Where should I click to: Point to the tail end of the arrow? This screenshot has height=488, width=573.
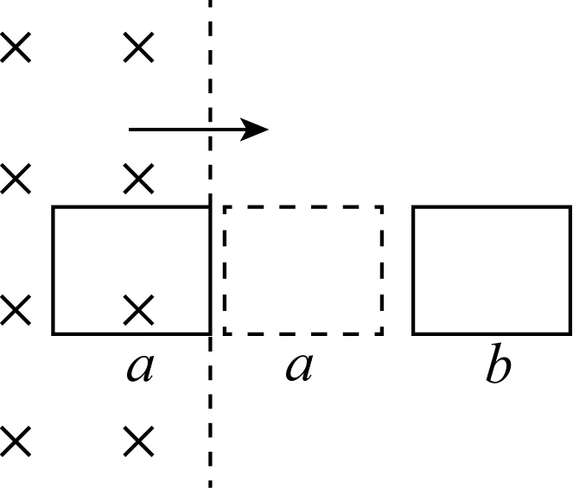tap(131, 130)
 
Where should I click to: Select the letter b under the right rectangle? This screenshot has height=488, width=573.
tap(497, 367)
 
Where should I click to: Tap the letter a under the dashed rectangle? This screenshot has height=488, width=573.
tap(298, 368)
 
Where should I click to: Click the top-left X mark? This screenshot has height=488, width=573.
tap(16, 48)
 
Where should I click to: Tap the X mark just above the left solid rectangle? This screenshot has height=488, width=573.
tap(138, 180)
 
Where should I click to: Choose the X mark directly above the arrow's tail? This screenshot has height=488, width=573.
tap(138, 48)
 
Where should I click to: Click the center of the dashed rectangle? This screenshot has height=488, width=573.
tap(302, 270)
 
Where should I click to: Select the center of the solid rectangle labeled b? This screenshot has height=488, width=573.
tap(491, 270)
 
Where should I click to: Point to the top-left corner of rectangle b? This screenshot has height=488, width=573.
tap(413, 207)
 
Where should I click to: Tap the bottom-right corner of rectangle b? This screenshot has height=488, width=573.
tap(570, 333)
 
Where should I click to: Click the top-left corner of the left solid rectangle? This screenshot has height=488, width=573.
tap(54, 207)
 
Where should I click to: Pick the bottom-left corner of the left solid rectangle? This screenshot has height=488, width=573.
tap(54, 333)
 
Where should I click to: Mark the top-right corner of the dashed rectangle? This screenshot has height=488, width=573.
tap(382, 207)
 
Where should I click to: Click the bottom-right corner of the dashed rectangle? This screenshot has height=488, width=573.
tap(382, 333)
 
